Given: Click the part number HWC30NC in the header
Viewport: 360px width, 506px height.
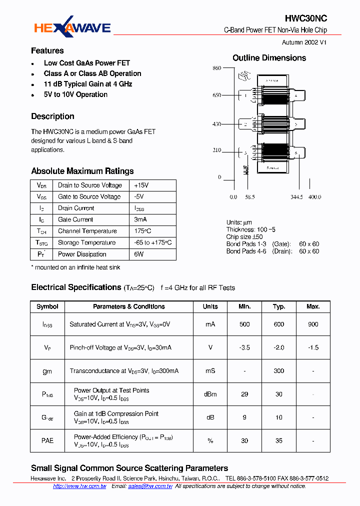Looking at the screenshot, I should tap(306, 18).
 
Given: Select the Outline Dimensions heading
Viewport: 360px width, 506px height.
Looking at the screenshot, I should tap(269, 58).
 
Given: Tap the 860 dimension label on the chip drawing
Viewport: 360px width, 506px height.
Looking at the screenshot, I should tap(216, 68).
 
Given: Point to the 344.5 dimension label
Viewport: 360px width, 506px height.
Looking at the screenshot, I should tap(296, 197).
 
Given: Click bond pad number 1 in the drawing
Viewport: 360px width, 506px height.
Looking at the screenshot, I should tap(245, 95).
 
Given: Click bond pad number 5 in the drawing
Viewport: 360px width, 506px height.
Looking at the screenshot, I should tap(295, 124).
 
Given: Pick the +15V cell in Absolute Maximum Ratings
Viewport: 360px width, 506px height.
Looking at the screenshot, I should tap(141, 185).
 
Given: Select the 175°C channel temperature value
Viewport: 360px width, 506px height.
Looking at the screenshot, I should tap(142, 231).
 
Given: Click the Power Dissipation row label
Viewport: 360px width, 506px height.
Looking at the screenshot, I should tap(82, 254).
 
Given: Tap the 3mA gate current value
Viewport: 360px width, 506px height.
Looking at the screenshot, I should tap(141, 219).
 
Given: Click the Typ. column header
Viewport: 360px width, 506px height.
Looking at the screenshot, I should tap(278, 306).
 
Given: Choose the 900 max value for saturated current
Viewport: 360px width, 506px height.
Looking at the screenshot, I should tap(313, 324).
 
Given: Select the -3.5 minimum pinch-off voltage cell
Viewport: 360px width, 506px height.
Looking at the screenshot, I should tap(244, 347).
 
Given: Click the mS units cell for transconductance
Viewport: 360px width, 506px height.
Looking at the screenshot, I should tap(210, 371).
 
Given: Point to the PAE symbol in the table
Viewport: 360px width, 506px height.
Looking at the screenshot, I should tap(47, 440).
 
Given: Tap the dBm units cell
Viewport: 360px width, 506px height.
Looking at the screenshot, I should tap(210, 394).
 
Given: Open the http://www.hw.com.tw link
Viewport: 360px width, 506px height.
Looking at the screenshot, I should tap(79, 486).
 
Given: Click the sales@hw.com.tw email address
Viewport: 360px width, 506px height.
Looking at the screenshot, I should tap(150, 486).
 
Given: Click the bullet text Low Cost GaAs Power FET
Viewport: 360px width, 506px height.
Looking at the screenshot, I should tap(86, 63).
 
